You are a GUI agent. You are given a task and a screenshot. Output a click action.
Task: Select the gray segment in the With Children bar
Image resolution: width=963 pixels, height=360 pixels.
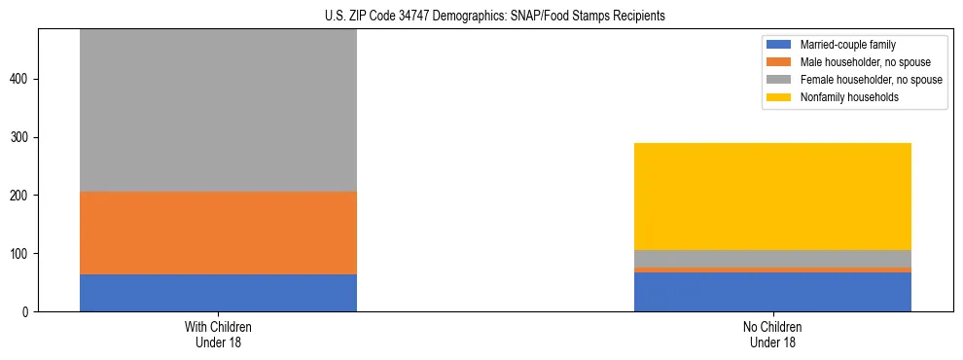pyautogui.click(x=218, y=110)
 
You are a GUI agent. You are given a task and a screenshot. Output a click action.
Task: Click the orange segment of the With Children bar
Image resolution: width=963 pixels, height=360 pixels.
pyautogui.click(x=218, y=233)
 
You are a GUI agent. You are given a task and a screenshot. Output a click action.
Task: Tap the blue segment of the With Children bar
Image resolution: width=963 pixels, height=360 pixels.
pyautogui.click(x=218, y=293)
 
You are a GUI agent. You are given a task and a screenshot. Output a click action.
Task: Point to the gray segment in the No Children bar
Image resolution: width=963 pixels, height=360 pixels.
pyautogui.click(x=772, y=258)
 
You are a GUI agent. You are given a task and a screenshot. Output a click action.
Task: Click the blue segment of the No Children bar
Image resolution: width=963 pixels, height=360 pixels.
pyautogui.click(x=772, y=292)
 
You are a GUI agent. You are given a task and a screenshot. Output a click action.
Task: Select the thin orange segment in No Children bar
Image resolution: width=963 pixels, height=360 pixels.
pyautogui.click(x=772, y=270)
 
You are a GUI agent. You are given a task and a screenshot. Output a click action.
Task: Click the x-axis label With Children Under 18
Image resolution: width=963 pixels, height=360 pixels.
pyautogui.click(x=218, y=335)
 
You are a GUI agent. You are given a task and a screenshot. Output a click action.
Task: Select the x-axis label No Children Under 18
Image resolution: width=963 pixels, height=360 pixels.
pyautogui.click(x=772, y=335)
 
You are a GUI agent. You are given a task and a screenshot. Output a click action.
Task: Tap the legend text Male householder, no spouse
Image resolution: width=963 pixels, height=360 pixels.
pyautogui.click(x=859, y=62)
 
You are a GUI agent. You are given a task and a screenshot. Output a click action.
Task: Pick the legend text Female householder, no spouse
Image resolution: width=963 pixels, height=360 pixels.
pyautogui.click(x=871, y=80)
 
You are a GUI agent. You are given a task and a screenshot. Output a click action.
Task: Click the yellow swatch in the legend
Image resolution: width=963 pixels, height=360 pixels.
pyautogui.click(x=780, y=97)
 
